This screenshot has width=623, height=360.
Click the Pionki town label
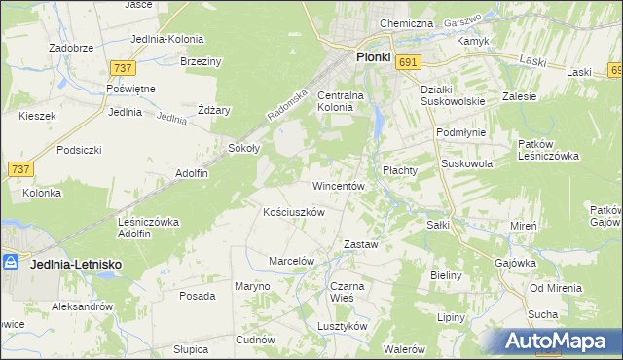373,57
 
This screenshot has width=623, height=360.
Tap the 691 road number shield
409,62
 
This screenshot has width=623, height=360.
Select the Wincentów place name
338,185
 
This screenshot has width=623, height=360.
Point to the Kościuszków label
294,211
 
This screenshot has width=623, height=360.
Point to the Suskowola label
467,164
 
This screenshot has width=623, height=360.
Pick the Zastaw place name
360,244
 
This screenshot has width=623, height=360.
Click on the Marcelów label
291,261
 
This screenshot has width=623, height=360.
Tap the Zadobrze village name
70,46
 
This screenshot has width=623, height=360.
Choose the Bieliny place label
446,275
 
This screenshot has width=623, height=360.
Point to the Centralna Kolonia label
340,101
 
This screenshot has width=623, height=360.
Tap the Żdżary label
213,110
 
